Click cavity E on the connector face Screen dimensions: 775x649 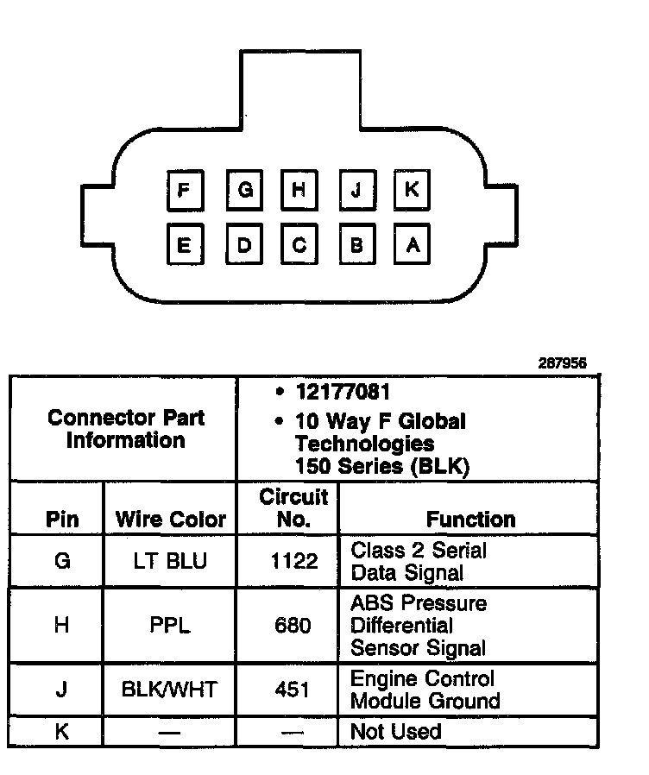184,246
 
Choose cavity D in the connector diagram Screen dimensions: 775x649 245,246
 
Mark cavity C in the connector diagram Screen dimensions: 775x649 299,246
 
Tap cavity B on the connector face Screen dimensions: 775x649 356,246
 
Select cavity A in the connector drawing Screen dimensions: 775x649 412,246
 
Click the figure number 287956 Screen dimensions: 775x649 562,363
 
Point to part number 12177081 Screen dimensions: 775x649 343,392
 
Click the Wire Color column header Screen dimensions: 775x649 170,520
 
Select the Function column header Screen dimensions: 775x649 470,520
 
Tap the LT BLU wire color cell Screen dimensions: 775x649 170,562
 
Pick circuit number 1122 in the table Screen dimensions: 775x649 293,562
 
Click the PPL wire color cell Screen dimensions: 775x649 170,625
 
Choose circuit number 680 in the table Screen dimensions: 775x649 293,625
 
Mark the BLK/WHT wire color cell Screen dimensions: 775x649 170,689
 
